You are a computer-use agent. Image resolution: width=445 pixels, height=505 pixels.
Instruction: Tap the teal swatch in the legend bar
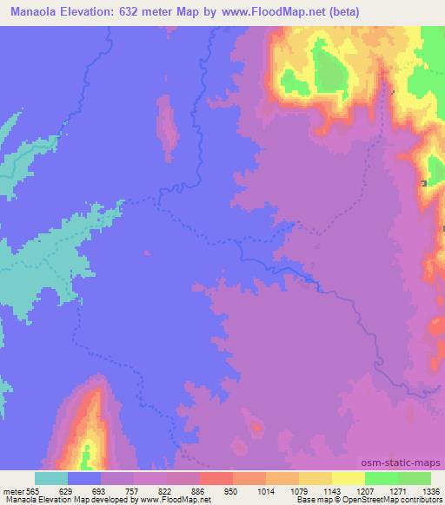tap(51, 478)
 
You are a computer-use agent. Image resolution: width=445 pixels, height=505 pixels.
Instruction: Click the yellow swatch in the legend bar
tap(349, 478)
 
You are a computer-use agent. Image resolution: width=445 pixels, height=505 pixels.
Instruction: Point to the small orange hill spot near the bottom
tap(256, 425)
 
